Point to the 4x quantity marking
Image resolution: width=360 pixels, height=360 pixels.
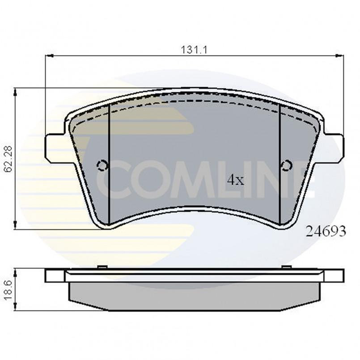coord(235,180)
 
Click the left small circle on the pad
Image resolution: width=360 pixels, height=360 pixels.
coord(102,166)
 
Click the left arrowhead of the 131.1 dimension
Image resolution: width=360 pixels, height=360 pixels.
coord(49,56)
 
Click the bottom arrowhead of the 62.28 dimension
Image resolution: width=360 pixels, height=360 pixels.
coord(16,226)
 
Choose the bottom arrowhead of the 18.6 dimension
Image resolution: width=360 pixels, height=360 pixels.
coord(16,308)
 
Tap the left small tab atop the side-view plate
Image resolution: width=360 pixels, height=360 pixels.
coord(102,267)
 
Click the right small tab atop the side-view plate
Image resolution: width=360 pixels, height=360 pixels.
coord(286,267)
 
